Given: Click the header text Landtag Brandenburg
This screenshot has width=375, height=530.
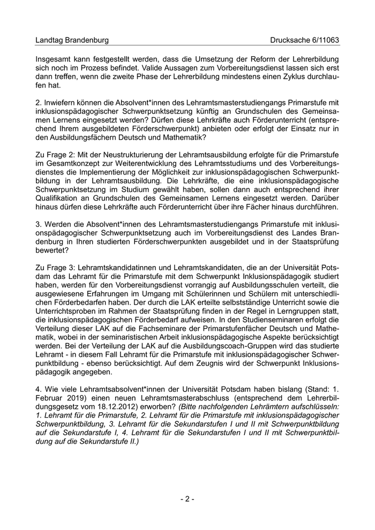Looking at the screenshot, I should pos(72,40).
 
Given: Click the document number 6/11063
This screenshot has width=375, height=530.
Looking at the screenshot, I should pos(323,40).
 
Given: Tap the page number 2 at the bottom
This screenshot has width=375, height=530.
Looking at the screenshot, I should pos(187,499).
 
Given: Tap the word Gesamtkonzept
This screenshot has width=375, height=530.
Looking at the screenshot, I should pos(73,163).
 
